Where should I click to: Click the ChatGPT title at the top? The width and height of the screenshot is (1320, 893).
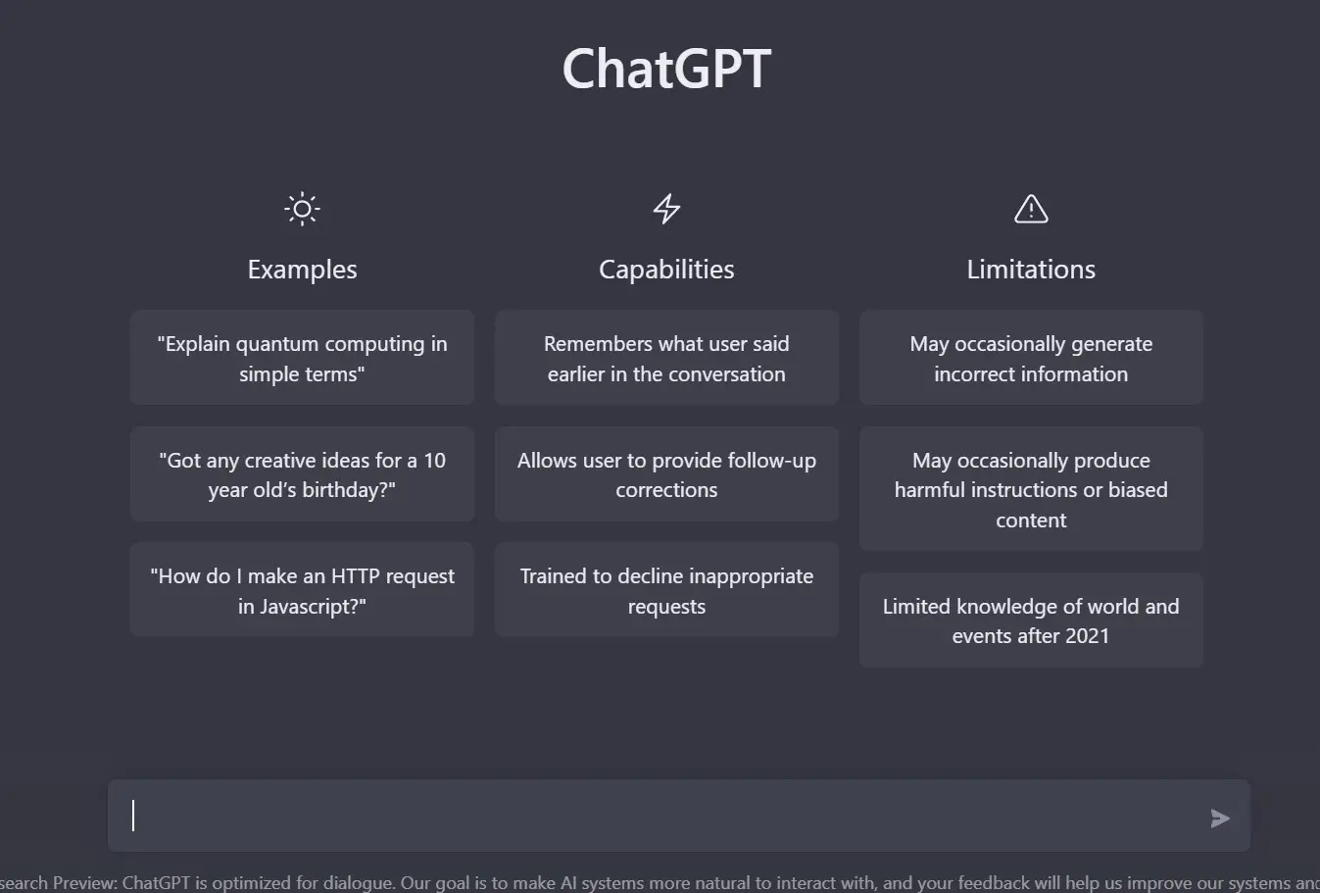tap(666, 69)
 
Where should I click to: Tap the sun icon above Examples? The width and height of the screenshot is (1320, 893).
tap(302, 209)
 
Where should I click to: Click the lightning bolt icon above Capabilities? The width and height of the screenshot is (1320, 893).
tap(666, 209)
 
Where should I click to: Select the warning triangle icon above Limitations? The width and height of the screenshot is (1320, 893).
tap(1031, 209)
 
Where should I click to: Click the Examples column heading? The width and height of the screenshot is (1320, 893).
tap(302, 270)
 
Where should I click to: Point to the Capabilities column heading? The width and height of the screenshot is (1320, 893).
tap(666, 270)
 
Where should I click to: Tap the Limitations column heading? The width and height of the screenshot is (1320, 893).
tap(1031, 270)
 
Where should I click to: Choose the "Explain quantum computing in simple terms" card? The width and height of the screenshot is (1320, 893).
tap(302, 358)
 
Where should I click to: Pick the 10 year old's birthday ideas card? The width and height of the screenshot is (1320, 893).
tap(302, 474)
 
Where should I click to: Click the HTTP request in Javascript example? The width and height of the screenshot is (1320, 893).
tap(302, 590)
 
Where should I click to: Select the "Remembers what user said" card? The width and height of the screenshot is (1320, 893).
tap(666, 358)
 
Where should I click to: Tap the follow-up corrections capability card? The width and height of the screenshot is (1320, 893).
tap(666, 474)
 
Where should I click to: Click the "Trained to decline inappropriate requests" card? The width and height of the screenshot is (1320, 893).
tap(666, 590)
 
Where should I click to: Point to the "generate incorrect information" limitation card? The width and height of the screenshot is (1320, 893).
tap(1031, 358)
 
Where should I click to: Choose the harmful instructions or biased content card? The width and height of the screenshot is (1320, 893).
tap(1031, 489)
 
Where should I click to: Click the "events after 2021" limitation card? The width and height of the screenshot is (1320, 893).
tap(1031, 620)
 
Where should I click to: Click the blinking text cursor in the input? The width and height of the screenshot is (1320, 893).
tap(134, 816)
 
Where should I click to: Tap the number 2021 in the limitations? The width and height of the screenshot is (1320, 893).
tap(1086, 636)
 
